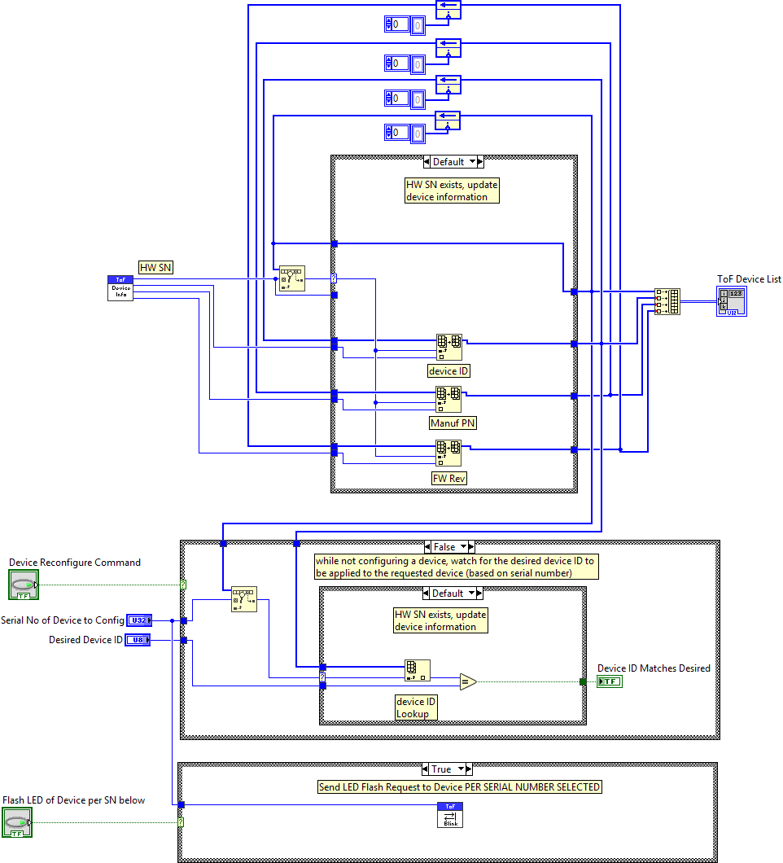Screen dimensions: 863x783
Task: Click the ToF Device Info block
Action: (120, 288)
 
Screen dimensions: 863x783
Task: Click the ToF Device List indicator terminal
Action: (731, 301)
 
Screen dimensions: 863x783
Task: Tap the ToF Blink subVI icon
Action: (450, 815)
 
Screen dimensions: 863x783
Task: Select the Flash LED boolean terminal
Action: (17, 822)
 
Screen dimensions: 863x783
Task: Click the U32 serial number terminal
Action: (138, 620)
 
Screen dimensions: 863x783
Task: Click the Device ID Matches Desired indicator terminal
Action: (609, 681)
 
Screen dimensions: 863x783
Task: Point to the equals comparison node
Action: (467, 681)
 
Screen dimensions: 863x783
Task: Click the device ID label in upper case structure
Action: (449, 371)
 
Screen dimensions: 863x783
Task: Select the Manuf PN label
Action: (453, 423)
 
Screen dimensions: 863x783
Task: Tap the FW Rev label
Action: (449, 478)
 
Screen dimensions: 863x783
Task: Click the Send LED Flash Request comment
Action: (459, 787)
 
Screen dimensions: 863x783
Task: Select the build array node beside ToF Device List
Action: (667, 301)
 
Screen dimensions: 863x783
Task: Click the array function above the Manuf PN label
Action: (448, 399)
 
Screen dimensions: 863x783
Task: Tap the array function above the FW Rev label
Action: (448, 452)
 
